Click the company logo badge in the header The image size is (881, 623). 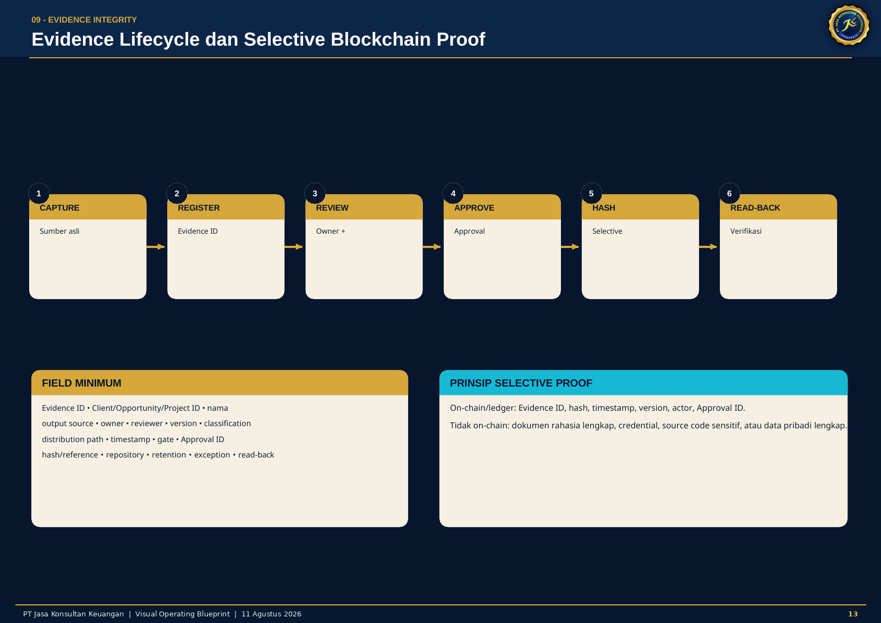(x=849, y=25)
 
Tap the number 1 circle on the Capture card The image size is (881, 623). (x=38, y=194)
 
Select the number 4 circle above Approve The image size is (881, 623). (x=453, y=194)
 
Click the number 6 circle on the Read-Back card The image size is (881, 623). (x=730, y=194)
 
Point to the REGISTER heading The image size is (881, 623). (x=199, y=208)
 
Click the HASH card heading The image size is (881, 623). (x=604, y=208)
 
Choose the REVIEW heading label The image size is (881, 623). (x=332, y=208)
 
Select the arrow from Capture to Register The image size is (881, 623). (x=156, y=246)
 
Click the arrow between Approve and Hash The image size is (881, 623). (x=570, y=246)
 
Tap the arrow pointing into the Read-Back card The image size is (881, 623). (x=708, y=246)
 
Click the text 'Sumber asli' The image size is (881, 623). (x=59, y=231)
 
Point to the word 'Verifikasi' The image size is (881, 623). (x=746, y=231)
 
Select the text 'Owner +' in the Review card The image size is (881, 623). (x=331, y=231)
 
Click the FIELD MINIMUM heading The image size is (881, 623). (x=81, y=383)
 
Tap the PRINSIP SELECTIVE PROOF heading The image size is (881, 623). (x=521, y=383)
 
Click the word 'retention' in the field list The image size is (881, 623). (x=169, y=455)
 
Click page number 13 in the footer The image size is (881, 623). (x=853, y=614)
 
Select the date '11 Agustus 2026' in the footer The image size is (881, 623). (x=271, y=614)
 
